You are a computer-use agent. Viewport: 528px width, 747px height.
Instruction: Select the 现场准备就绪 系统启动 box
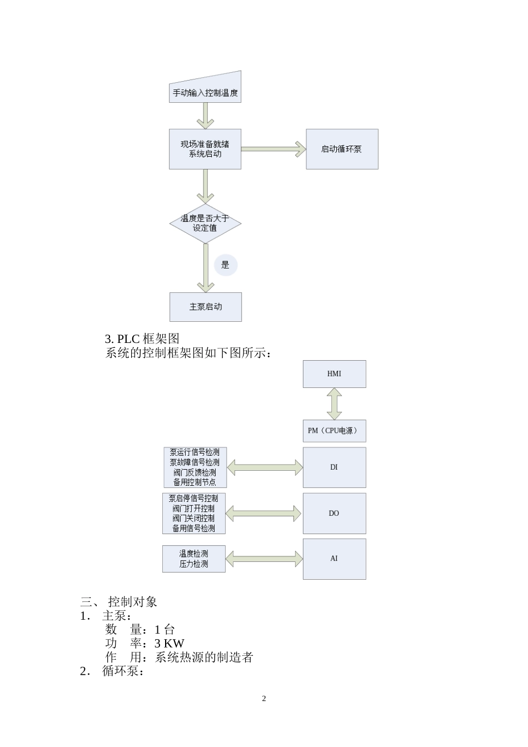[205, 149]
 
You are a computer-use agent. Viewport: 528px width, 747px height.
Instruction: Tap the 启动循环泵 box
[342, 149]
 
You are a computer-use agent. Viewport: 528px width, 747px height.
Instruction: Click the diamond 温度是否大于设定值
[205, 223]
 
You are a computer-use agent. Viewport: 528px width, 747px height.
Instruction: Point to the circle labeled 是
[225, 265]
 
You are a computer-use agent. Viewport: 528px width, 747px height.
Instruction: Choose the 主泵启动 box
[205, 307]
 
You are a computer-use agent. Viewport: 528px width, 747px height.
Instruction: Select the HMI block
[334, 374]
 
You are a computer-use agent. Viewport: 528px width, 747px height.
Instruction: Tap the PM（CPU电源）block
[334, 431]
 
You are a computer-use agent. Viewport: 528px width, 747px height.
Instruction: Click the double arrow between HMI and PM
[334, 404]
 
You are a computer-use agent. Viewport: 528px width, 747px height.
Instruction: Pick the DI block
[334, 467]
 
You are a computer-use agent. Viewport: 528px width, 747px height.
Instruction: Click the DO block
[334, 514]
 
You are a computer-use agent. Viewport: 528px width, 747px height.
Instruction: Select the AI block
[334, 559]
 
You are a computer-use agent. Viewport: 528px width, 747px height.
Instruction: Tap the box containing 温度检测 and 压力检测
[193, 559]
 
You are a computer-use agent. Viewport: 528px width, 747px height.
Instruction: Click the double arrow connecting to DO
[264, 514]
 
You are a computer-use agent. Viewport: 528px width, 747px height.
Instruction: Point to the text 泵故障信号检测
[195, 462]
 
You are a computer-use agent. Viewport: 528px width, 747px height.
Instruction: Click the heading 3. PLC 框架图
[142, 338]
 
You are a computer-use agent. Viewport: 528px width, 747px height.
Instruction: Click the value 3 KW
[170, 644]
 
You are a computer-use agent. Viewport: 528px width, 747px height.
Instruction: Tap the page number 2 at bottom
[264, 699]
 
